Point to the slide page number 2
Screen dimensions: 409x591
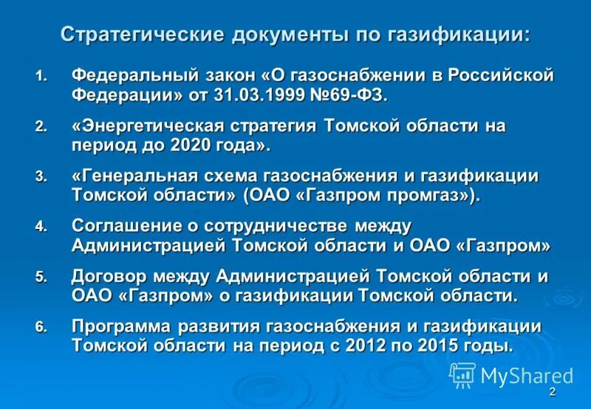point(552,391)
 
